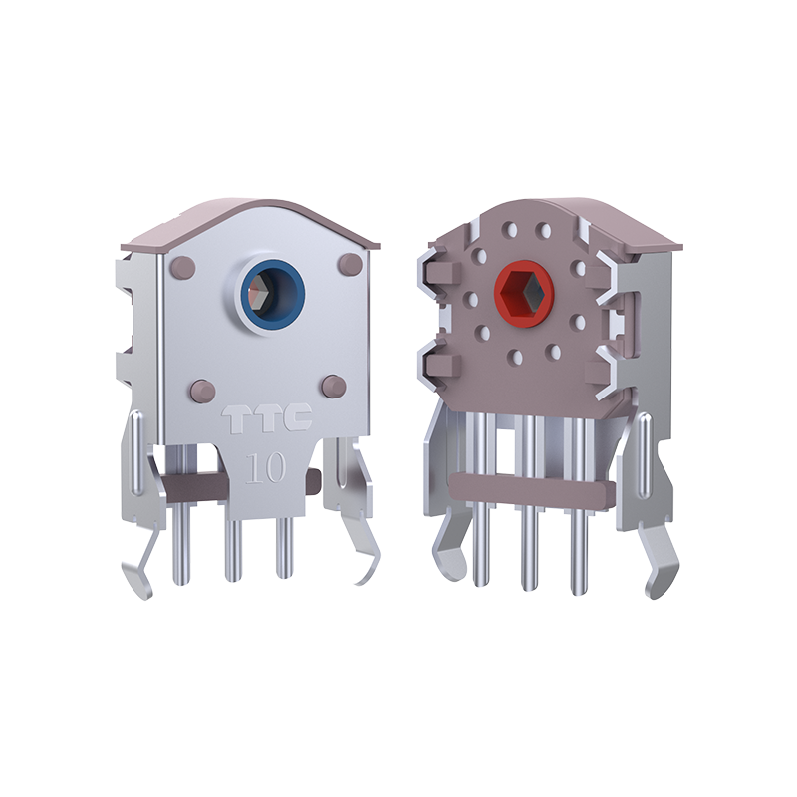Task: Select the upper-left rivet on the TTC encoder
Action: click(x=183, y=266)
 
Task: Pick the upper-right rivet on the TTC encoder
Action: click(x=349, y=264)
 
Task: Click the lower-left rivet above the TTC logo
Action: click(x=201, y=388)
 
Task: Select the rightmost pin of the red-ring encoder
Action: click(x=578, y=553)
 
